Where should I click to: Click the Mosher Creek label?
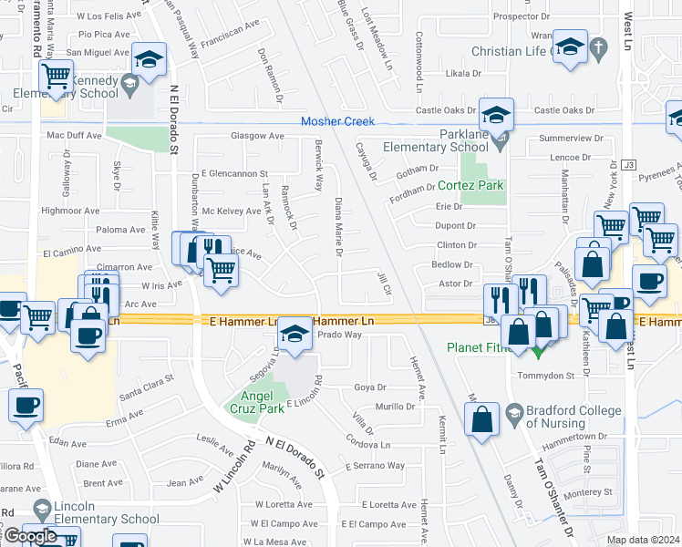337,121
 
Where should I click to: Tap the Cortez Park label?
470,185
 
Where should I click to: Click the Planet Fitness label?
484,347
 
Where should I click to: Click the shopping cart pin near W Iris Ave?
220,270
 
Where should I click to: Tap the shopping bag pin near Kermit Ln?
482,420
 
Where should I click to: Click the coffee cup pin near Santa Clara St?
26,405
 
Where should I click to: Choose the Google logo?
29,536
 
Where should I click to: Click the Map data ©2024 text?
644,540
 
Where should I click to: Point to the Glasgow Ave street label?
256,136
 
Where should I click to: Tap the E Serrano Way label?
375,466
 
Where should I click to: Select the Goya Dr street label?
369,387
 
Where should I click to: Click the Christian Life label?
511,52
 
